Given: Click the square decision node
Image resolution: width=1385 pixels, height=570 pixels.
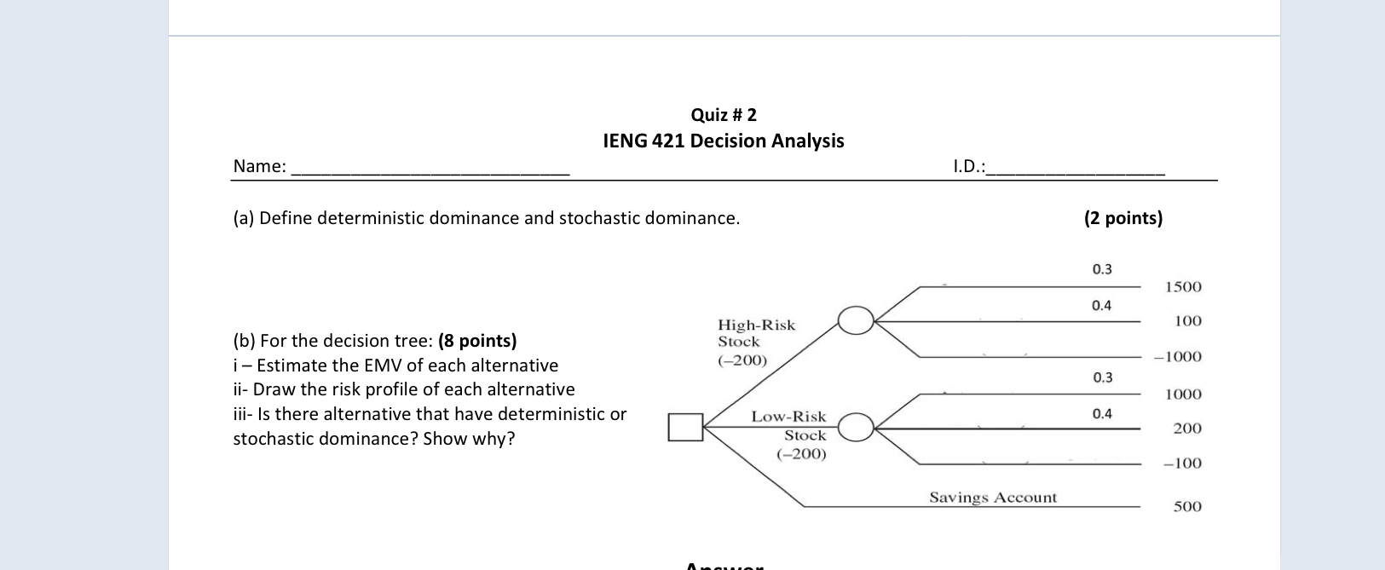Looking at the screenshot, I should pyautogui.click(x=685, y=427).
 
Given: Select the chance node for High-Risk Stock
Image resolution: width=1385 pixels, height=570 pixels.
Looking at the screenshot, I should pyautogui.click(x=856, y=320).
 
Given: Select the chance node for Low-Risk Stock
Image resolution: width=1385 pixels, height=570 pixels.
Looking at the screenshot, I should pyautogui.click(x=856, y=427).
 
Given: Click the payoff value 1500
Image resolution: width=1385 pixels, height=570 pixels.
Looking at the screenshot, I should pyautogui.click(x=1183, y=287).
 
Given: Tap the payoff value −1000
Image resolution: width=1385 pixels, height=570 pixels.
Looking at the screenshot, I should pyautogui.click(x=1178, y=357).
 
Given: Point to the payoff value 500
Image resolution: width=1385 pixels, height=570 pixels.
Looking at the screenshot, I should pyautogui.click(x=1187, y=507).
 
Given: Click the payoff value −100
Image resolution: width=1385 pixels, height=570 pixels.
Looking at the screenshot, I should pyautogui.click(x=1182, y=463).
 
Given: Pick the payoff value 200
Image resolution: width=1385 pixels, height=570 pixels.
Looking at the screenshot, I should pyautogui.click(x=1187, y=429).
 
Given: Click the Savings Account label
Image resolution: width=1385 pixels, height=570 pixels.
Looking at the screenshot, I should pyautogui.click(x=992, y=498).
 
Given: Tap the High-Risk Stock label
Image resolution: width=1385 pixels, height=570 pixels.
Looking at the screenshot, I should pyautogui.click(x=755, y=325).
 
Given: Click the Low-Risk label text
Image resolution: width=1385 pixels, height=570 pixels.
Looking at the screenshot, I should pyautogui.click(x=788, y=417).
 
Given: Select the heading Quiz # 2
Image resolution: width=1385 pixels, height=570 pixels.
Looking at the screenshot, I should pyautogui.click(x=724, y=115).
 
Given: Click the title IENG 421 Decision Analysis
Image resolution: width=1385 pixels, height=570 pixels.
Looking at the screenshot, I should pyautogui.click(x=724, y=141).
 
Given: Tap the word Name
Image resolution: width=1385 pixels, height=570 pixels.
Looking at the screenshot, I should pyautogui.click(x=258, y=166).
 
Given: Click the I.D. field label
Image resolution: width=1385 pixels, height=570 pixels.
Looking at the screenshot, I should pyautogui.click(x=968, y=166).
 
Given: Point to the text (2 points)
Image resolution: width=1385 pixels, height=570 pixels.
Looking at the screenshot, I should pyautogui.click(x=1122, y=218).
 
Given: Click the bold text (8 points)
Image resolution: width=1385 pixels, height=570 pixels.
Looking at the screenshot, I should pyautogui.click(x=477, y=341).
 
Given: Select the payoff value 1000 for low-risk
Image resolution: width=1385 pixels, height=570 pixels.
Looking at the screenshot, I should pyautogui.click(x=1183, y=394).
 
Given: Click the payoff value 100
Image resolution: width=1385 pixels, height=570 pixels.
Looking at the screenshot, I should pyautogui.click(x=1187, y=321).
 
